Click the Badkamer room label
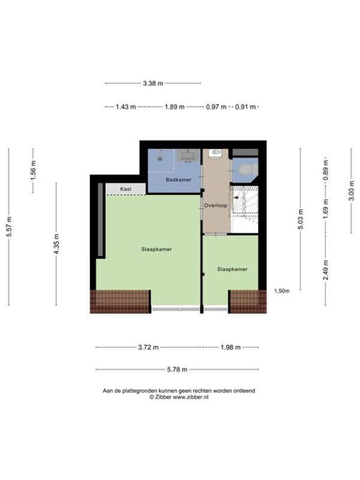click(178, 179)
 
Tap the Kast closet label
click(125, 189)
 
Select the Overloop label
click(216, 205)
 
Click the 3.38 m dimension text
click(153, 83)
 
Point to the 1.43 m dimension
click(125, 107)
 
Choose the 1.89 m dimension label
click(175, 107)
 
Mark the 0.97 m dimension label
click(216, 107)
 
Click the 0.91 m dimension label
click(245, 107)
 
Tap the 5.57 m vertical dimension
click(9, 227)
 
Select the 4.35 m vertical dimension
click(56, 244)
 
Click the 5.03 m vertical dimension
click(301, 219)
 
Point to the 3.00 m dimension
click(352, 190)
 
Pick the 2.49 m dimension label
click(326, 269)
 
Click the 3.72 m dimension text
click(148, 347)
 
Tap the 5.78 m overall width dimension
click(177, 370)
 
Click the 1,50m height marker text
click(281, 291)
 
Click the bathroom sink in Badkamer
click(187, 156)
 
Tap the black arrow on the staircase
click(236, 198)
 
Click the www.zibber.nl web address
click(191, 397)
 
